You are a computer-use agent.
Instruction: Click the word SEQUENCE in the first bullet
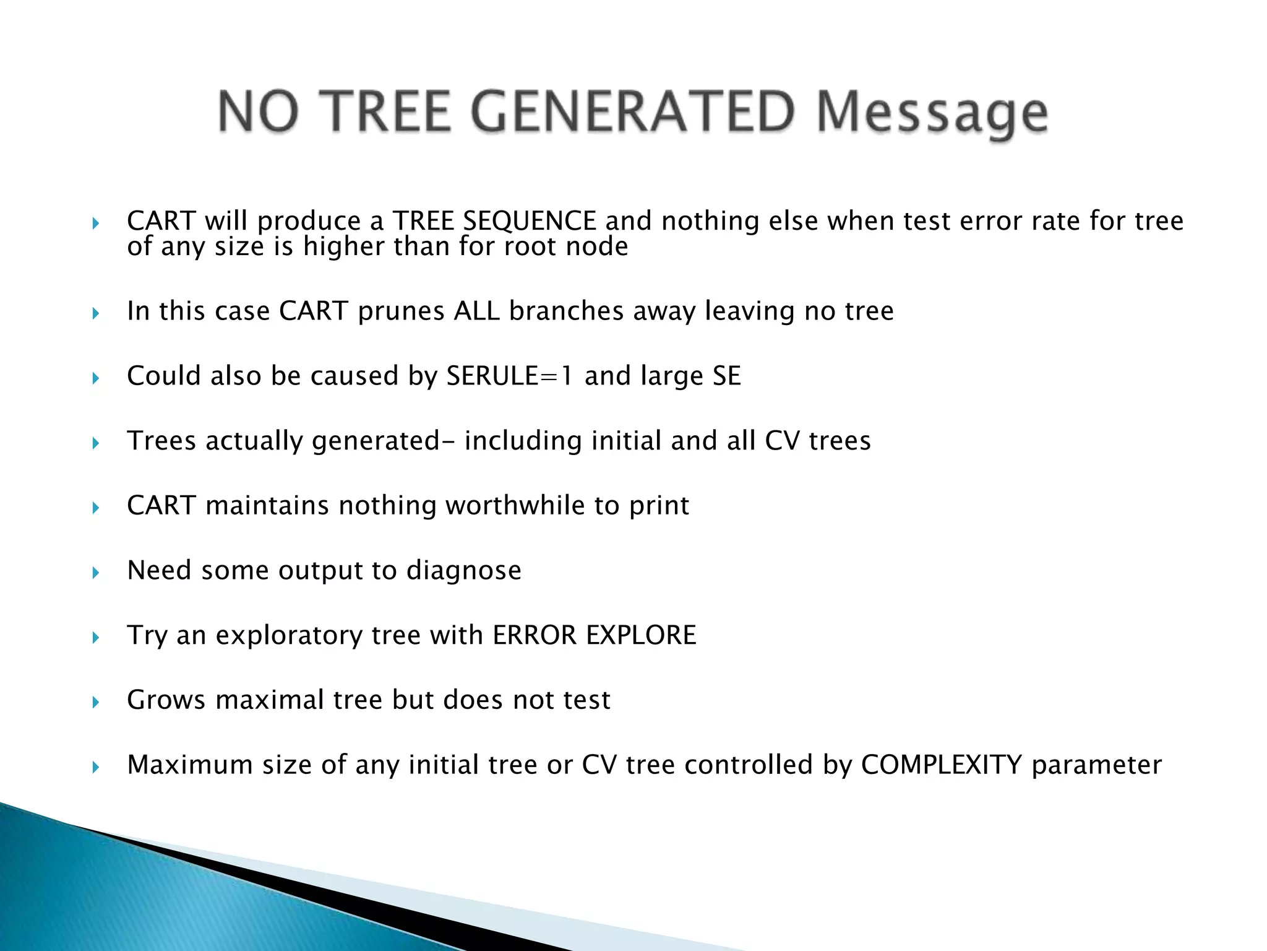[530, 221]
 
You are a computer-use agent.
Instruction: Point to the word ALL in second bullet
[476, 311]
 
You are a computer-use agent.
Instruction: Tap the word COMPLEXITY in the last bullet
[941, 765]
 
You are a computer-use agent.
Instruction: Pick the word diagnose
[463, 571]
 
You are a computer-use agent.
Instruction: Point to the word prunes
[401, 311]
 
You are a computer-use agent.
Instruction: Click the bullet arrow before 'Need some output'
[95, 573]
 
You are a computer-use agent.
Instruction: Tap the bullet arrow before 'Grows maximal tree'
[95, 702]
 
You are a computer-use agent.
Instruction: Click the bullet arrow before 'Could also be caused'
[95, 378]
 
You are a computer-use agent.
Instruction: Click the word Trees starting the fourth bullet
[161, 441]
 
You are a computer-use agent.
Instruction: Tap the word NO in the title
[259, 112]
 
